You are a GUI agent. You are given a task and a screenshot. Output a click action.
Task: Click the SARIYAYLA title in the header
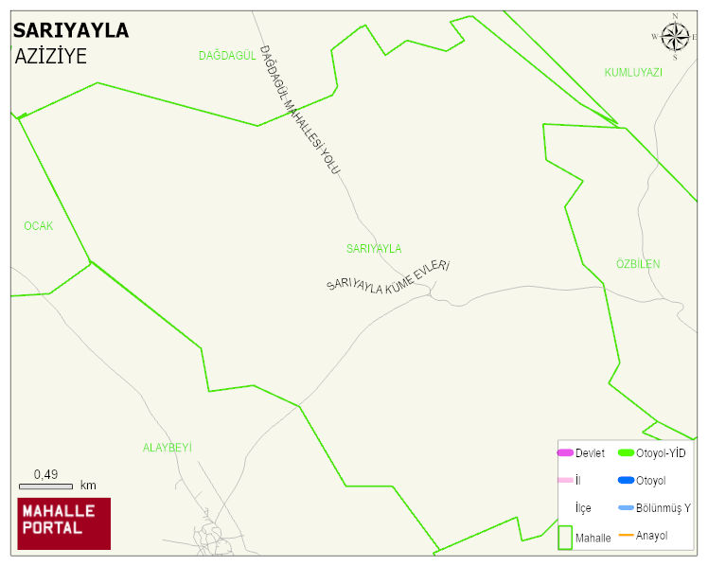click(x=71, y=30)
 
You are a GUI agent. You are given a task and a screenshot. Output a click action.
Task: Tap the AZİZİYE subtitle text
click(x=51, y=56)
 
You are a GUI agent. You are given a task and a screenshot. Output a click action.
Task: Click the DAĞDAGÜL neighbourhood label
click(x=227, y=56)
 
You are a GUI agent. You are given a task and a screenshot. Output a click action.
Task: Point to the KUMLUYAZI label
click(x=633, y=72)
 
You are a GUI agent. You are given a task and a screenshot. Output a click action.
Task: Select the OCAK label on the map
click(x=39, y=226)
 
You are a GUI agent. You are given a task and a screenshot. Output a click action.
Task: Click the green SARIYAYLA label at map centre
click(x=374, y=249)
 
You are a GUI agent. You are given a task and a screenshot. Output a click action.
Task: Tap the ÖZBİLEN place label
click(x=638, y=264)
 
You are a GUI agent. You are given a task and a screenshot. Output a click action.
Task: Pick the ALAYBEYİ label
click(x=168, y=448)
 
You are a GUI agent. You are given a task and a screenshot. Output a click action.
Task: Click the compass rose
click(x=675, y=37)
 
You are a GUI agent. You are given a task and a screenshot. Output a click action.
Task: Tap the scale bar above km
click(x=45, y=486)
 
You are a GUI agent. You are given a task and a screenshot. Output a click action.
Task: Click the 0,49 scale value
click(x=45, y=474)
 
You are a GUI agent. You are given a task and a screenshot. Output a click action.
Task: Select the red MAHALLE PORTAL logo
click(x=64, y=523)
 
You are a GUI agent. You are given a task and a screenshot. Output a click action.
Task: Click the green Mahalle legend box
click(x=565, y=537)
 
